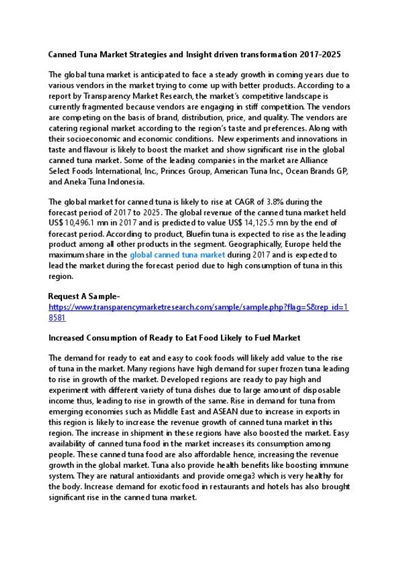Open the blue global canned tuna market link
(x=177, y=255)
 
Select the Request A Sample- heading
(x=80, y=297)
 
